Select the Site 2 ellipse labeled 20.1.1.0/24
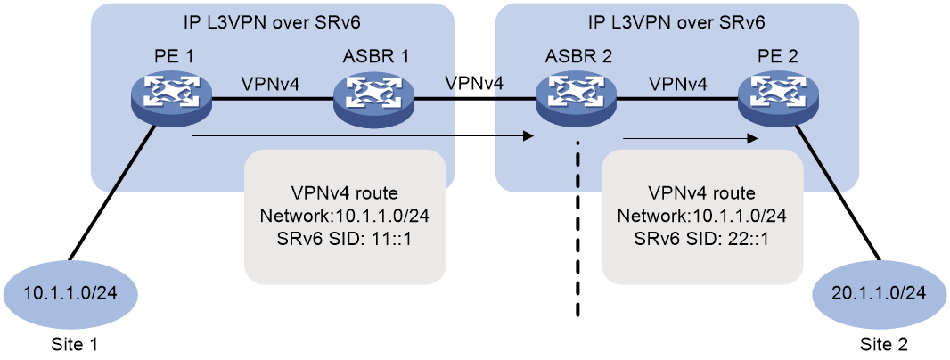(879, 295)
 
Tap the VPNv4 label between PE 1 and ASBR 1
(272, 84)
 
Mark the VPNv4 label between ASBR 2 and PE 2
(677, 84)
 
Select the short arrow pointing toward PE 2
(691, 138)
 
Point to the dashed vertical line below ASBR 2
(577, 230)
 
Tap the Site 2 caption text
(884, 345)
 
